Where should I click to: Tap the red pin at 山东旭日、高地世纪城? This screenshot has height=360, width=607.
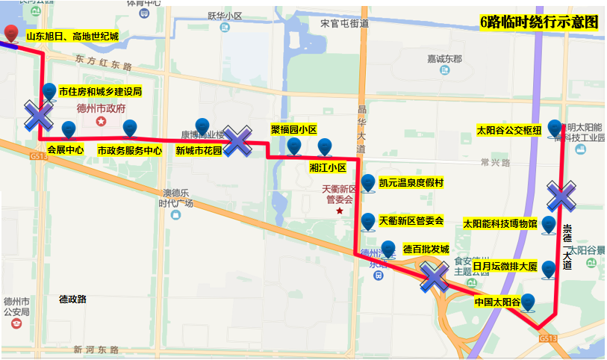(11, 33)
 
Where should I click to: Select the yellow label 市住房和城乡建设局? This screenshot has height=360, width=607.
(100, 92)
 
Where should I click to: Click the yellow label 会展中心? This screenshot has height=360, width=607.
(65, 149)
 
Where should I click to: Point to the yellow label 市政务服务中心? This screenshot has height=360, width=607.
(130, 149)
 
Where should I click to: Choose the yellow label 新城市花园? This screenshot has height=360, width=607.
(199, 150)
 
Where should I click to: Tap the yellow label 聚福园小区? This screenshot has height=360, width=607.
(293, 128)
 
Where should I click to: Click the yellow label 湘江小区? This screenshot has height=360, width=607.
(328, 167)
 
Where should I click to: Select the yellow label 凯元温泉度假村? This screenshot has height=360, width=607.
(411, 183)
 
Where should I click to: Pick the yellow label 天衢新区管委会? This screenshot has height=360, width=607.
(411, 220)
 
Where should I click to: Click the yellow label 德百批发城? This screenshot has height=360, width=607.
(426, 249)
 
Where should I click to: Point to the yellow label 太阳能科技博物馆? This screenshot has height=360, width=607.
(500, 223)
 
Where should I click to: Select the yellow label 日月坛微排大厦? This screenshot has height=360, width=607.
(505, 265)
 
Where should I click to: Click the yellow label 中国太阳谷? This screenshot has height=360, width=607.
(497, 302)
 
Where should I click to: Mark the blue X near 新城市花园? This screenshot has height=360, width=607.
(238, 141)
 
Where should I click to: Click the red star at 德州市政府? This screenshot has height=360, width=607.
(101, 120)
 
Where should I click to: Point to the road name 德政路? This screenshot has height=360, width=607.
(73, 299)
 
